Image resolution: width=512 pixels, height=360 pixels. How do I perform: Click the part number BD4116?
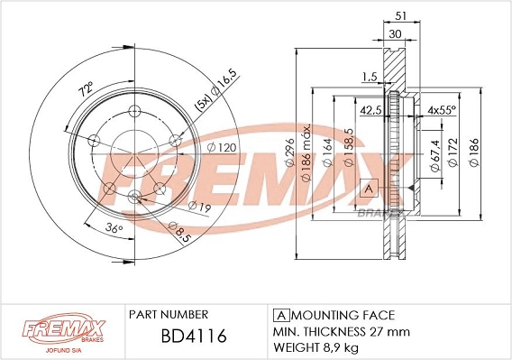[x=180, y=337]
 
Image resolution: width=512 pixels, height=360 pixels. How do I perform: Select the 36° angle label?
[x=114, y=228]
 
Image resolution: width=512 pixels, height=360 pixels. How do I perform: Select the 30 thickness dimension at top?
[x=394, y=32]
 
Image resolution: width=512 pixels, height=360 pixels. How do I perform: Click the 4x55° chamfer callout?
[x=442, y=110]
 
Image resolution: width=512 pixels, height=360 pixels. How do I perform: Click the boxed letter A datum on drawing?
[x=367, y=188]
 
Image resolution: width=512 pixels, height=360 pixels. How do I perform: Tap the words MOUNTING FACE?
[x=342, y=315]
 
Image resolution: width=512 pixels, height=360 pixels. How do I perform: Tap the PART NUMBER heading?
[x=169, y=315]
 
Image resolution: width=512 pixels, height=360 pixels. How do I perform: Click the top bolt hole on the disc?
[x=134, y=111]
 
